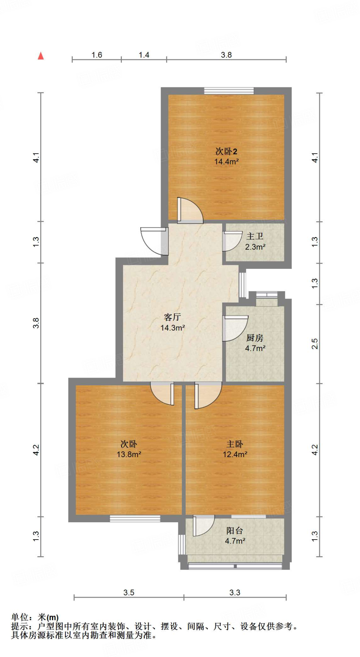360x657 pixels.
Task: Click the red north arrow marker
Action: tap(41, 56)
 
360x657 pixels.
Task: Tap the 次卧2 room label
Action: tap(226, 151)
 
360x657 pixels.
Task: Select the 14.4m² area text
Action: tap(226, 162)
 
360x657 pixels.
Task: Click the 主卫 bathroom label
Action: tap(255, 236)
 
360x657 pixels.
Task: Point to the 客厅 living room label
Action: tap(172, 317)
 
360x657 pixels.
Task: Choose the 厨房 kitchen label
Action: tap(255, 338)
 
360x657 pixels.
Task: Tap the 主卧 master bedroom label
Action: tap(235, 444)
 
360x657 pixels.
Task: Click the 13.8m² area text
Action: tap(129, 454)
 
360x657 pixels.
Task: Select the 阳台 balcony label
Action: tap(235, 531)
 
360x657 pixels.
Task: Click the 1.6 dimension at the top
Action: tap(96, 55)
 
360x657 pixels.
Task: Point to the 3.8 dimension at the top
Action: tap(226, 55)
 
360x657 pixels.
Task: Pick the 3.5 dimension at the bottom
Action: tap(129, 593)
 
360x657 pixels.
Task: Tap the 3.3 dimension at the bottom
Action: tap(235, 593)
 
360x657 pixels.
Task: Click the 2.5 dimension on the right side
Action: tap(315, 344)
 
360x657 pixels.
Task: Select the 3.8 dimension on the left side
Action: tap(36, 323)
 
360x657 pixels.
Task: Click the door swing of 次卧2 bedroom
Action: tap(190, 210)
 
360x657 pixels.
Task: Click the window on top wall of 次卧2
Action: tap(229, 91)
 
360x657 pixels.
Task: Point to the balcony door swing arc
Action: tap(203, 525)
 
